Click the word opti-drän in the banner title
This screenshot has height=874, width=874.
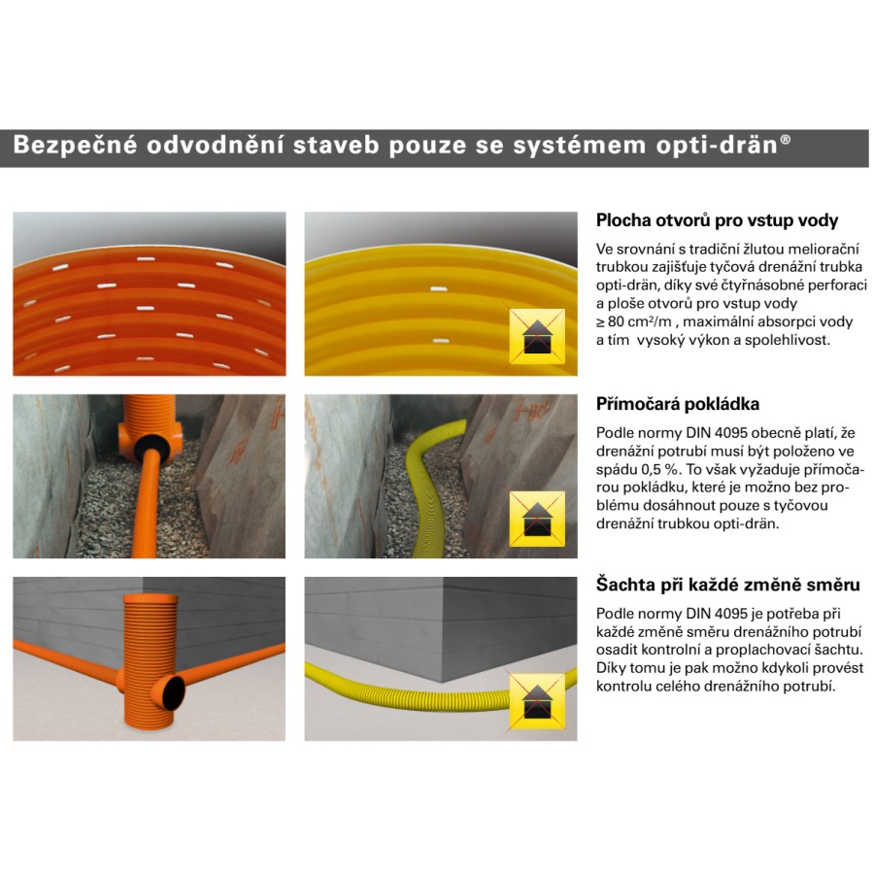(x=717, y=145)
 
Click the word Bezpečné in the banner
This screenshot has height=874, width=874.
(x=75, y=144)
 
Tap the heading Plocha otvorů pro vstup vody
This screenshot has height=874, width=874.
(x=717, y=220)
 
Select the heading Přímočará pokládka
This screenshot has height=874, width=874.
(x=677, y=404)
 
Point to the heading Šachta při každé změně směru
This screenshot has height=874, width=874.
(x=727, y=585)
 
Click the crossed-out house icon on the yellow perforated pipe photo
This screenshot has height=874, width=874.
(x=537, y=336)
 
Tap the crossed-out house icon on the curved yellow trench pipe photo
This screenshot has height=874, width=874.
(x=537, y=519)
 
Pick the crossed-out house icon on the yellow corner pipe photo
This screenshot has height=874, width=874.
(x=537, y=701)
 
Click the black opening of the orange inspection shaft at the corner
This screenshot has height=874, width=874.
(x=174, y=692)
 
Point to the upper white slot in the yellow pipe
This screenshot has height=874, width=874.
(x=439, y=289)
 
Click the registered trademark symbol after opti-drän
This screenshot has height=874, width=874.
(x=785, y=139)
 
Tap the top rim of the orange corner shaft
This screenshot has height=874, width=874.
(x=151, y=596)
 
